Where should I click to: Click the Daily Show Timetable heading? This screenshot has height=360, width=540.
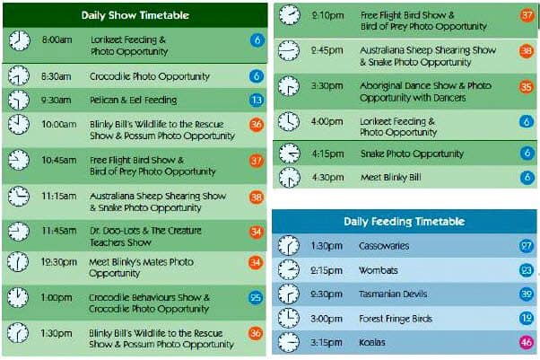point(135,15)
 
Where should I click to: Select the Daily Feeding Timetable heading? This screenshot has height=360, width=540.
point(404,221)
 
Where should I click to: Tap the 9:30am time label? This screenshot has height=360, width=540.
point(57,100)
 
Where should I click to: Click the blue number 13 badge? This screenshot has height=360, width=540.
point(257,100)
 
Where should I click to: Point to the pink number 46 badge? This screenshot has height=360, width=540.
point(526,342)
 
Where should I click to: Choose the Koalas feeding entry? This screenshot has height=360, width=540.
point(372,342)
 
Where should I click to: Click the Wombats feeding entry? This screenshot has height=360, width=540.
point(379,270)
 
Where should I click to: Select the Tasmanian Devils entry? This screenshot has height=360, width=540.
point(393,294)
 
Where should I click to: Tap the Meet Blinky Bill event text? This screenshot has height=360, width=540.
point(390,177)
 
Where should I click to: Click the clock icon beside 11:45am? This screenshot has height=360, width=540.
point(19,232)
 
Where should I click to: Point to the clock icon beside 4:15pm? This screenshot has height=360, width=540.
point(289,154)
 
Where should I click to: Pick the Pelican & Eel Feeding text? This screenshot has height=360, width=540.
point(134,100)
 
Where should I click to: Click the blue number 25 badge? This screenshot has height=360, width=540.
point(255,297)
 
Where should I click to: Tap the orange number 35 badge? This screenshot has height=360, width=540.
point(526,86)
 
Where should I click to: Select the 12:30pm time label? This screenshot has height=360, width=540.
point(58,262)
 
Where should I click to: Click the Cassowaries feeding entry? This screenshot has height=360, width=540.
point(384,246)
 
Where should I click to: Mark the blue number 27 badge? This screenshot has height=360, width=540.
point(526,246)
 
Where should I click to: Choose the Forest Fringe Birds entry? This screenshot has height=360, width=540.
point(396,319)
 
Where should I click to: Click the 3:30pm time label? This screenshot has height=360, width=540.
point(327,85)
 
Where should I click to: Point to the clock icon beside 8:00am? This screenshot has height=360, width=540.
point(20,40)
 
